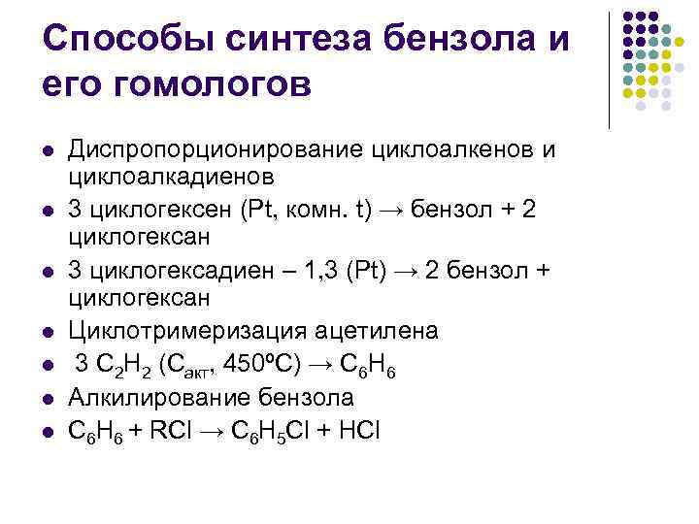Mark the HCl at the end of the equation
(361, 427)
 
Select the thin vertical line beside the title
(609, 70)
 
